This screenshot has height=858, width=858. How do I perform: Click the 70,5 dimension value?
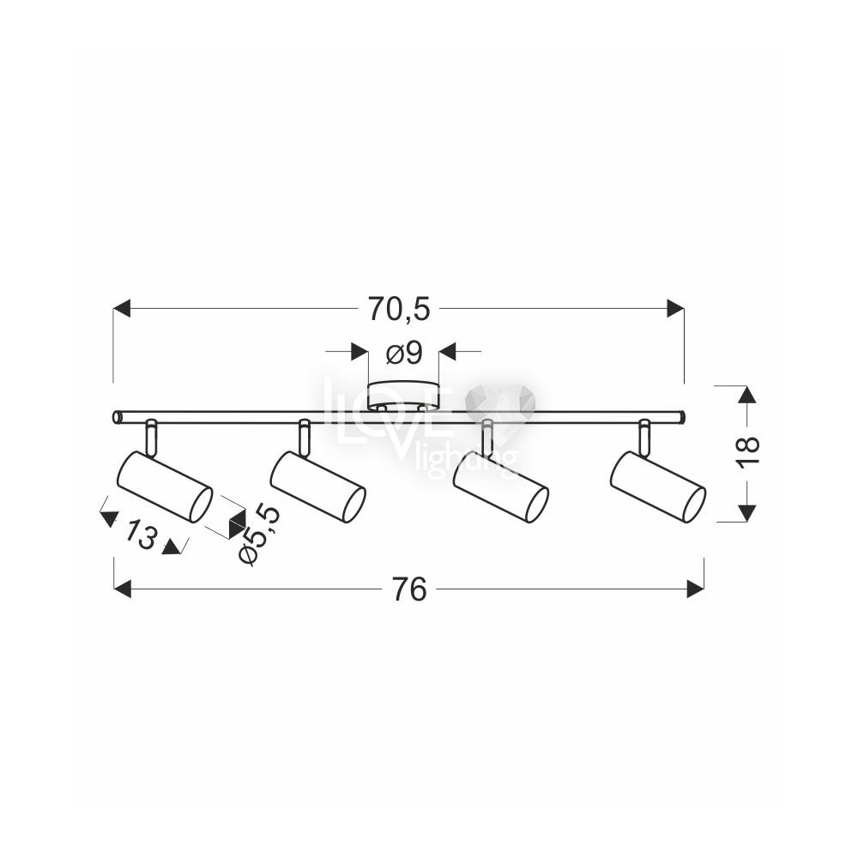[x=399, y=309]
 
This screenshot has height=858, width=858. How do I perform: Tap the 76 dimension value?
[x=409, y=590]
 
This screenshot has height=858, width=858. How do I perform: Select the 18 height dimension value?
[x=748, y=451]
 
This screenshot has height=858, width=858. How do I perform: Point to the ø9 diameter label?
[x=404, y=353]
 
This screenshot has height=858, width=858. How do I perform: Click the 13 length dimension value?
[x=139, y=535]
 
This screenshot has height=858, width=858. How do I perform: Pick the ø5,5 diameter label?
[x=259, y=535]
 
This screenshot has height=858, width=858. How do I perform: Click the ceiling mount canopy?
[x=403, y=396]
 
